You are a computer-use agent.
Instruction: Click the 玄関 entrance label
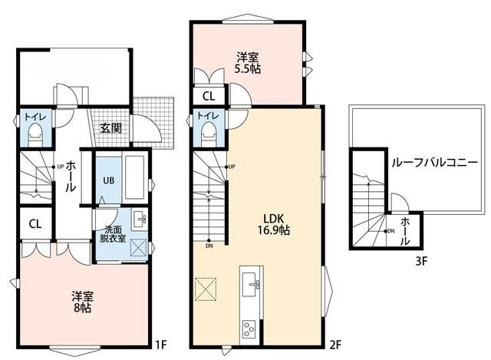click(110, 128)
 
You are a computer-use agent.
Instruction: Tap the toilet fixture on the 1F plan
click(35, 134)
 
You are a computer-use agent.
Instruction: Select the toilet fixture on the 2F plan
click(209, 134)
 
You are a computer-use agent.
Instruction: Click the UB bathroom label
click(109, 180)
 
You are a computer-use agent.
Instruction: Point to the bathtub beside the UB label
click(135, 177)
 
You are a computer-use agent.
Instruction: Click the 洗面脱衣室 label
click(113, 234)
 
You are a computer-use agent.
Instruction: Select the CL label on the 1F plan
click(35, 223)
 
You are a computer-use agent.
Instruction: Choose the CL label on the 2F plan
click(209, 96)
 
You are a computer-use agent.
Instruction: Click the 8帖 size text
click(83, 308)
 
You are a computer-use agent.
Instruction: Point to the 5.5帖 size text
click(248, 68)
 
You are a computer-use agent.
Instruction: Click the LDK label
click(273, 218)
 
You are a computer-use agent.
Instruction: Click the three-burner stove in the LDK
click(249, 329)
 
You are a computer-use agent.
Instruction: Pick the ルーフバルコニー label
click(435, 162)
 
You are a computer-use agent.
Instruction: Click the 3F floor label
click(421, 261)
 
